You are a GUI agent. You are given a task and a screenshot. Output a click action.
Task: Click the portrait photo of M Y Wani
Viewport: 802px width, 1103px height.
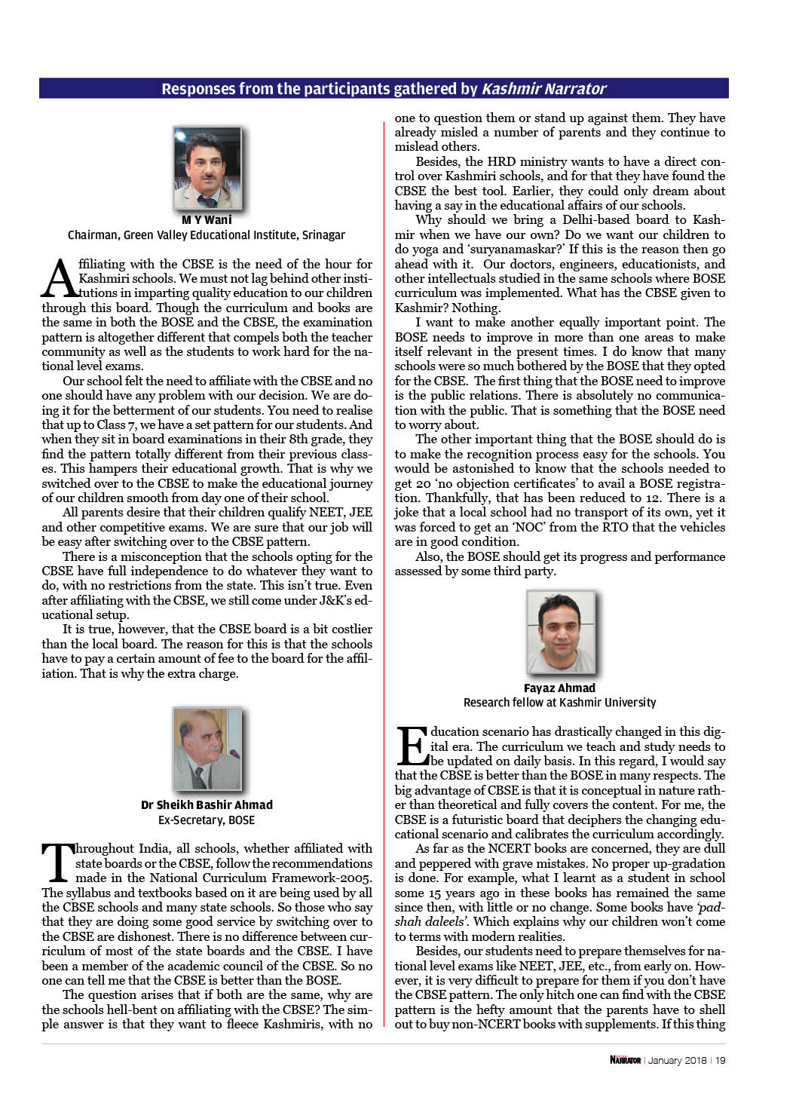[207, 168]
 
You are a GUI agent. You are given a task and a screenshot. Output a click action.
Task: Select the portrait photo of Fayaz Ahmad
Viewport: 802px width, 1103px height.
[560, 633]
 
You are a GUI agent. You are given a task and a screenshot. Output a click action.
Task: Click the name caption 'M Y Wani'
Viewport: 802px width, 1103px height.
[207, 220]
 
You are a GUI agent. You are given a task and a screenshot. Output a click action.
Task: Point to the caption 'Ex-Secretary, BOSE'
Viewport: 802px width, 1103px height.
[207, 820]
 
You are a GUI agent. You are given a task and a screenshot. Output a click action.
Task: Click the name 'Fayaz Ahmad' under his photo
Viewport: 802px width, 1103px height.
[559, 688]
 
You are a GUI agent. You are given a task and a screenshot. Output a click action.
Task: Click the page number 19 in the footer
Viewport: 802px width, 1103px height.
[721, 1061]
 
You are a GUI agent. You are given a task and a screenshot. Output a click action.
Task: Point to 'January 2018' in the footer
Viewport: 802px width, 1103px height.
[677, 1061]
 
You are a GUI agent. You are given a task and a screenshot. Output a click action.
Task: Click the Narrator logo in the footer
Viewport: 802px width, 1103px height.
[625, 1061]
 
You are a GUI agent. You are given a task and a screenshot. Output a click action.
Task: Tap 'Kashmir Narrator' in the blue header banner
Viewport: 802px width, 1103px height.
[544, 89]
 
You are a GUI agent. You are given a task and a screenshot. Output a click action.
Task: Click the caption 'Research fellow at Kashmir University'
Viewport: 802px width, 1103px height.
[559, 703]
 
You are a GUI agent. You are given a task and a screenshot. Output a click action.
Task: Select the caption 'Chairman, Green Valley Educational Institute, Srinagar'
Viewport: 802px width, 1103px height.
[207, 235]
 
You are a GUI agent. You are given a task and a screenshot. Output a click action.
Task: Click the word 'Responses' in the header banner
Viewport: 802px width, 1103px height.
[198, 89]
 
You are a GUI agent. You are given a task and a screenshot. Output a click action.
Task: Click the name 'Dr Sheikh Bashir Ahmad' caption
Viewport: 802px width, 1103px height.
[207, 805]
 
